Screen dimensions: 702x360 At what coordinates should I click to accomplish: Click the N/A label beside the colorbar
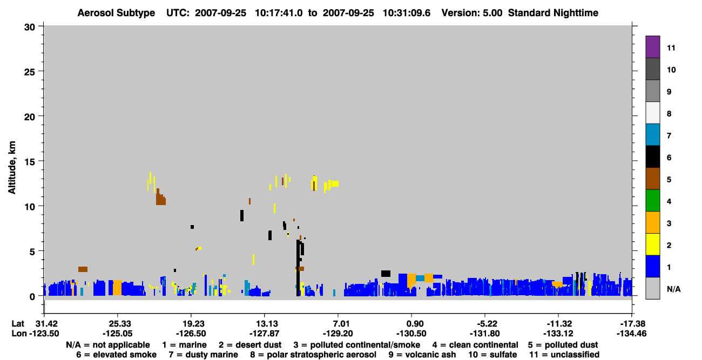point(673,289)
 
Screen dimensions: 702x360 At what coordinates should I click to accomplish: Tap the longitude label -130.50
point(411,334)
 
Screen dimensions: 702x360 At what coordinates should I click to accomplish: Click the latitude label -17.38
point(631,324)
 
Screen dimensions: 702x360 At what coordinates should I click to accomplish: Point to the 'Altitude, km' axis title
point(12,168)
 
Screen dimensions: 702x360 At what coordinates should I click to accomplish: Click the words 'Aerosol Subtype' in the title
point(116,13)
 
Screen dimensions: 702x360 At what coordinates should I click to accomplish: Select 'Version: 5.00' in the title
point(472,13)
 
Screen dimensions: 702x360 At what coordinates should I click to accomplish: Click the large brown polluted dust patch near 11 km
point(161,199)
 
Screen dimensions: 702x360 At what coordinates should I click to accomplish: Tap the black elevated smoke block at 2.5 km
point(386,274)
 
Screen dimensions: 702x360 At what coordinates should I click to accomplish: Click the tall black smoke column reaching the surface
point(298,268)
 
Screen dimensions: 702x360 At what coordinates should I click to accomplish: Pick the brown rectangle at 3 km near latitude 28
point(83,269)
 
